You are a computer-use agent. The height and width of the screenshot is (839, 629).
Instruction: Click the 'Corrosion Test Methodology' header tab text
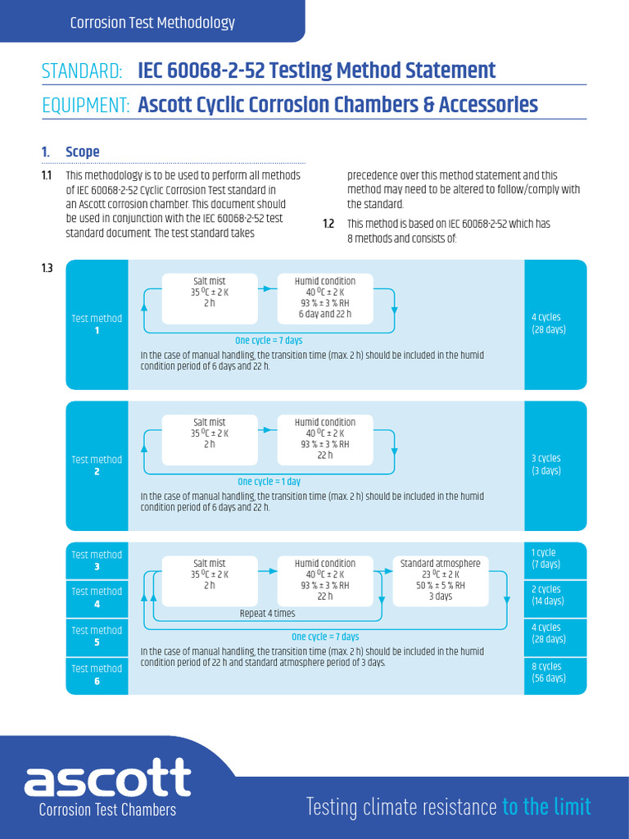coord(152,23)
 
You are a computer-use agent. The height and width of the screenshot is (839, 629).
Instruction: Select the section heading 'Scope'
coord(83,152)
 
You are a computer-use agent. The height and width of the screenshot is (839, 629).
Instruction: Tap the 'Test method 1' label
coord(97,324)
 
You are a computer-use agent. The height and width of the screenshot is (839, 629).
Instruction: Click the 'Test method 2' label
coord(97,465)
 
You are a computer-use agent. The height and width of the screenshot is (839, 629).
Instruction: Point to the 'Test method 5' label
coord(97,637)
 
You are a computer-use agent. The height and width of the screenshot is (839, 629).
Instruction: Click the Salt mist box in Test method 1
coord(210,292)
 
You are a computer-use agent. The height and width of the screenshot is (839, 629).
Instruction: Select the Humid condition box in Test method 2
coord(325,438)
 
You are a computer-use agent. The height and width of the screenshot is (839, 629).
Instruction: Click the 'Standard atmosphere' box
coord(440,579)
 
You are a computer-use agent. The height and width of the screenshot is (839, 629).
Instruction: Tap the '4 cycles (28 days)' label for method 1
coord(549,324)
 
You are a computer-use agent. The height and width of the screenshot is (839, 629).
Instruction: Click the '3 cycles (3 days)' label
coord(546,465)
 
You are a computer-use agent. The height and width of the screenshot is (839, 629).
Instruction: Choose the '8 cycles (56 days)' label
coord(548,673)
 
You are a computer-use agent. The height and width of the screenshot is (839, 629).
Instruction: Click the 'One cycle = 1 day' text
coord(269,482)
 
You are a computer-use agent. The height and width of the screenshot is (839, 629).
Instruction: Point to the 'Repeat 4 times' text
coord(267,614)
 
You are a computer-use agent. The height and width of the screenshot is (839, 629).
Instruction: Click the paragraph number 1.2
coord(328,224)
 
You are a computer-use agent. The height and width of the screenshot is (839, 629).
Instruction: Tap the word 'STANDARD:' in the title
coord(82,71)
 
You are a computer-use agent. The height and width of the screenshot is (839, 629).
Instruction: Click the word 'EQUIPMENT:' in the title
coord(86,106)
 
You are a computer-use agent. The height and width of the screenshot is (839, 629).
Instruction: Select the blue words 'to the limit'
coord(546,806)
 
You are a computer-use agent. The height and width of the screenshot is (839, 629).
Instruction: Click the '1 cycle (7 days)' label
coord(545,559)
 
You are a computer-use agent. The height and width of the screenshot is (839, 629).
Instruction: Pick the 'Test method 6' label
coord(97,674)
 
